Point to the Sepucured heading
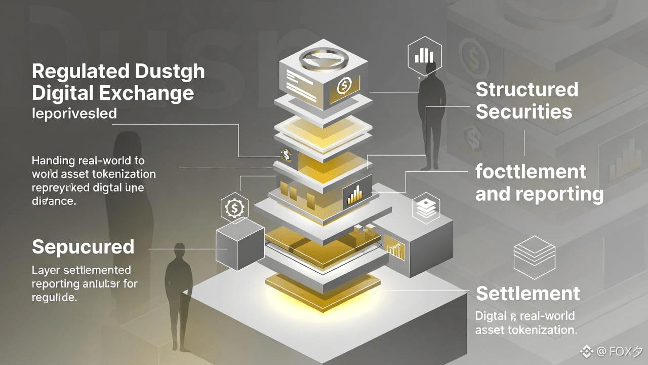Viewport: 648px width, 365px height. click(x=83, y=247)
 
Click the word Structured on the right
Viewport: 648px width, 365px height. click(x=526, y=90)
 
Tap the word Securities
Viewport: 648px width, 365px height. click(x=524, y=112)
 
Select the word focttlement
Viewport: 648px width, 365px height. click(x=531, y=172)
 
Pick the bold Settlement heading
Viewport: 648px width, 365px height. click(x=528, y=293)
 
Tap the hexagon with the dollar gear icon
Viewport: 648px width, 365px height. click(x=234, y=207)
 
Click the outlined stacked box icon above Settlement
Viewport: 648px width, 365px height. click(x=534, y=257)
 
